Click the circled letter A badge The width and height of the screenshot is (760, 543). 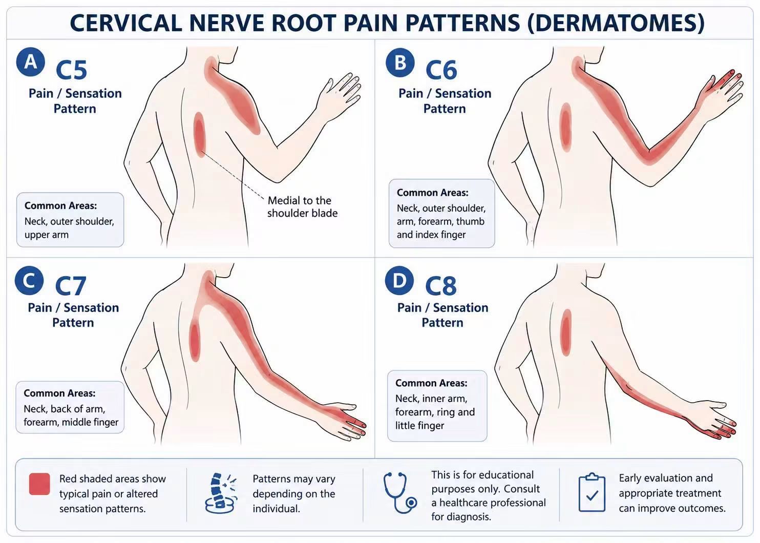click(x=31, y=62)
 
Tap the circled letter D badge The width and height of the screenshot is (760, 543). click(x=399, y=280)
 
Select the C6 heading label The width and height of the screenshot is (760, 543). click(x=441, y=70)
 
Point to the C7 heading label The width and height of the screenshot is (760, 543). click(x=71, y=286)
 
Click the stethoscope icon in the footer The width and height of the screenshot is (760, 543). click(x=400, y=492)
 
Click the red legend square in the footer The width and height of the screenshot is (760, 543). click(x=39, y=484)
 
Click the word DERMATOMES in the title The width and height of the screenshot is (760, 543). click(x=616, y=23)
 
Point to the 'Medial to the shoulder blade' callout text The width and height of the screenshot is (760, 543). click(x=302, y=206)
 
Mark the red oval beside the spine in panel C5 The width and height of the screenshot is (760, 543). click(x=200, y=134)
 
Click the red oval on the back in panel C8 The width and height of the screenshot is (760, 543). click(x=566, y=332)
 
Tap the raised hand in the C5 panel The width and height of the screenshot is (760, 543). click(x=337, y=98)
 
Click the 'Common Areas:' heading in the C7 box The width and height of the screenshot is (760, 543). click(x=59, y=393)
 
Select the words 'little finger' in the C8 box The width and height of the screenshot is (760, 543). click(x=419, y=425)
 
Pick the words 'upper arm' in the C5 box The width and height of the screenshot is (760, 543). click(x=47, y=235)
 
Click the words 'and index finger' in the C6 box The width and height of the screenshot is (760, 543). click(x=431, y=235)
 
